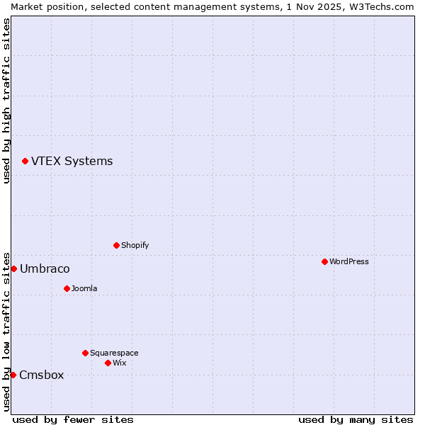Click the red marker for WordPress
(x=324, y=261)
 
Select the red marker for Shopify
(x=116, y=245)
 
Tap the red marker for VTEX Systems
(x=25, y=161)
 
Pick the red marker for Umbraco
(x=13, y=268)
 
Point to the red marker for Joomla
(x=67, y=288)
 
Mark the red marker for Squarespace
(x=85, y=353)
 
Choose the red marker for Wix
(x=108, y=363)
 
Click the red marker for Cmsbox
(x=13, y=375)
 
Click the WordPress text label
(x=349, y=261)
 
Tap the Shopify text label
(x=135, y=245)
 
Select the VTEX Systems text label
(x=72, y=161)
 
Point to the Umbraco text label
(x=45, y=269)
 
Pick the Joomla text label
(x=84, y=288)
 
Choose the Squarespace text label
(x=114, y=353)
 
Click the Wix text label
(x=119, y=363)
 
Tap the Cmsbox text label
(x=42, y=375)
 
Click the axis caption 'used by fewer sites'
(x=73, y=419)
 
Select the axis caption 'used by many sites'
(x=356, y=419)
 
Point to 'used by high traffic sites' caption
(x=6, y=101)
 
